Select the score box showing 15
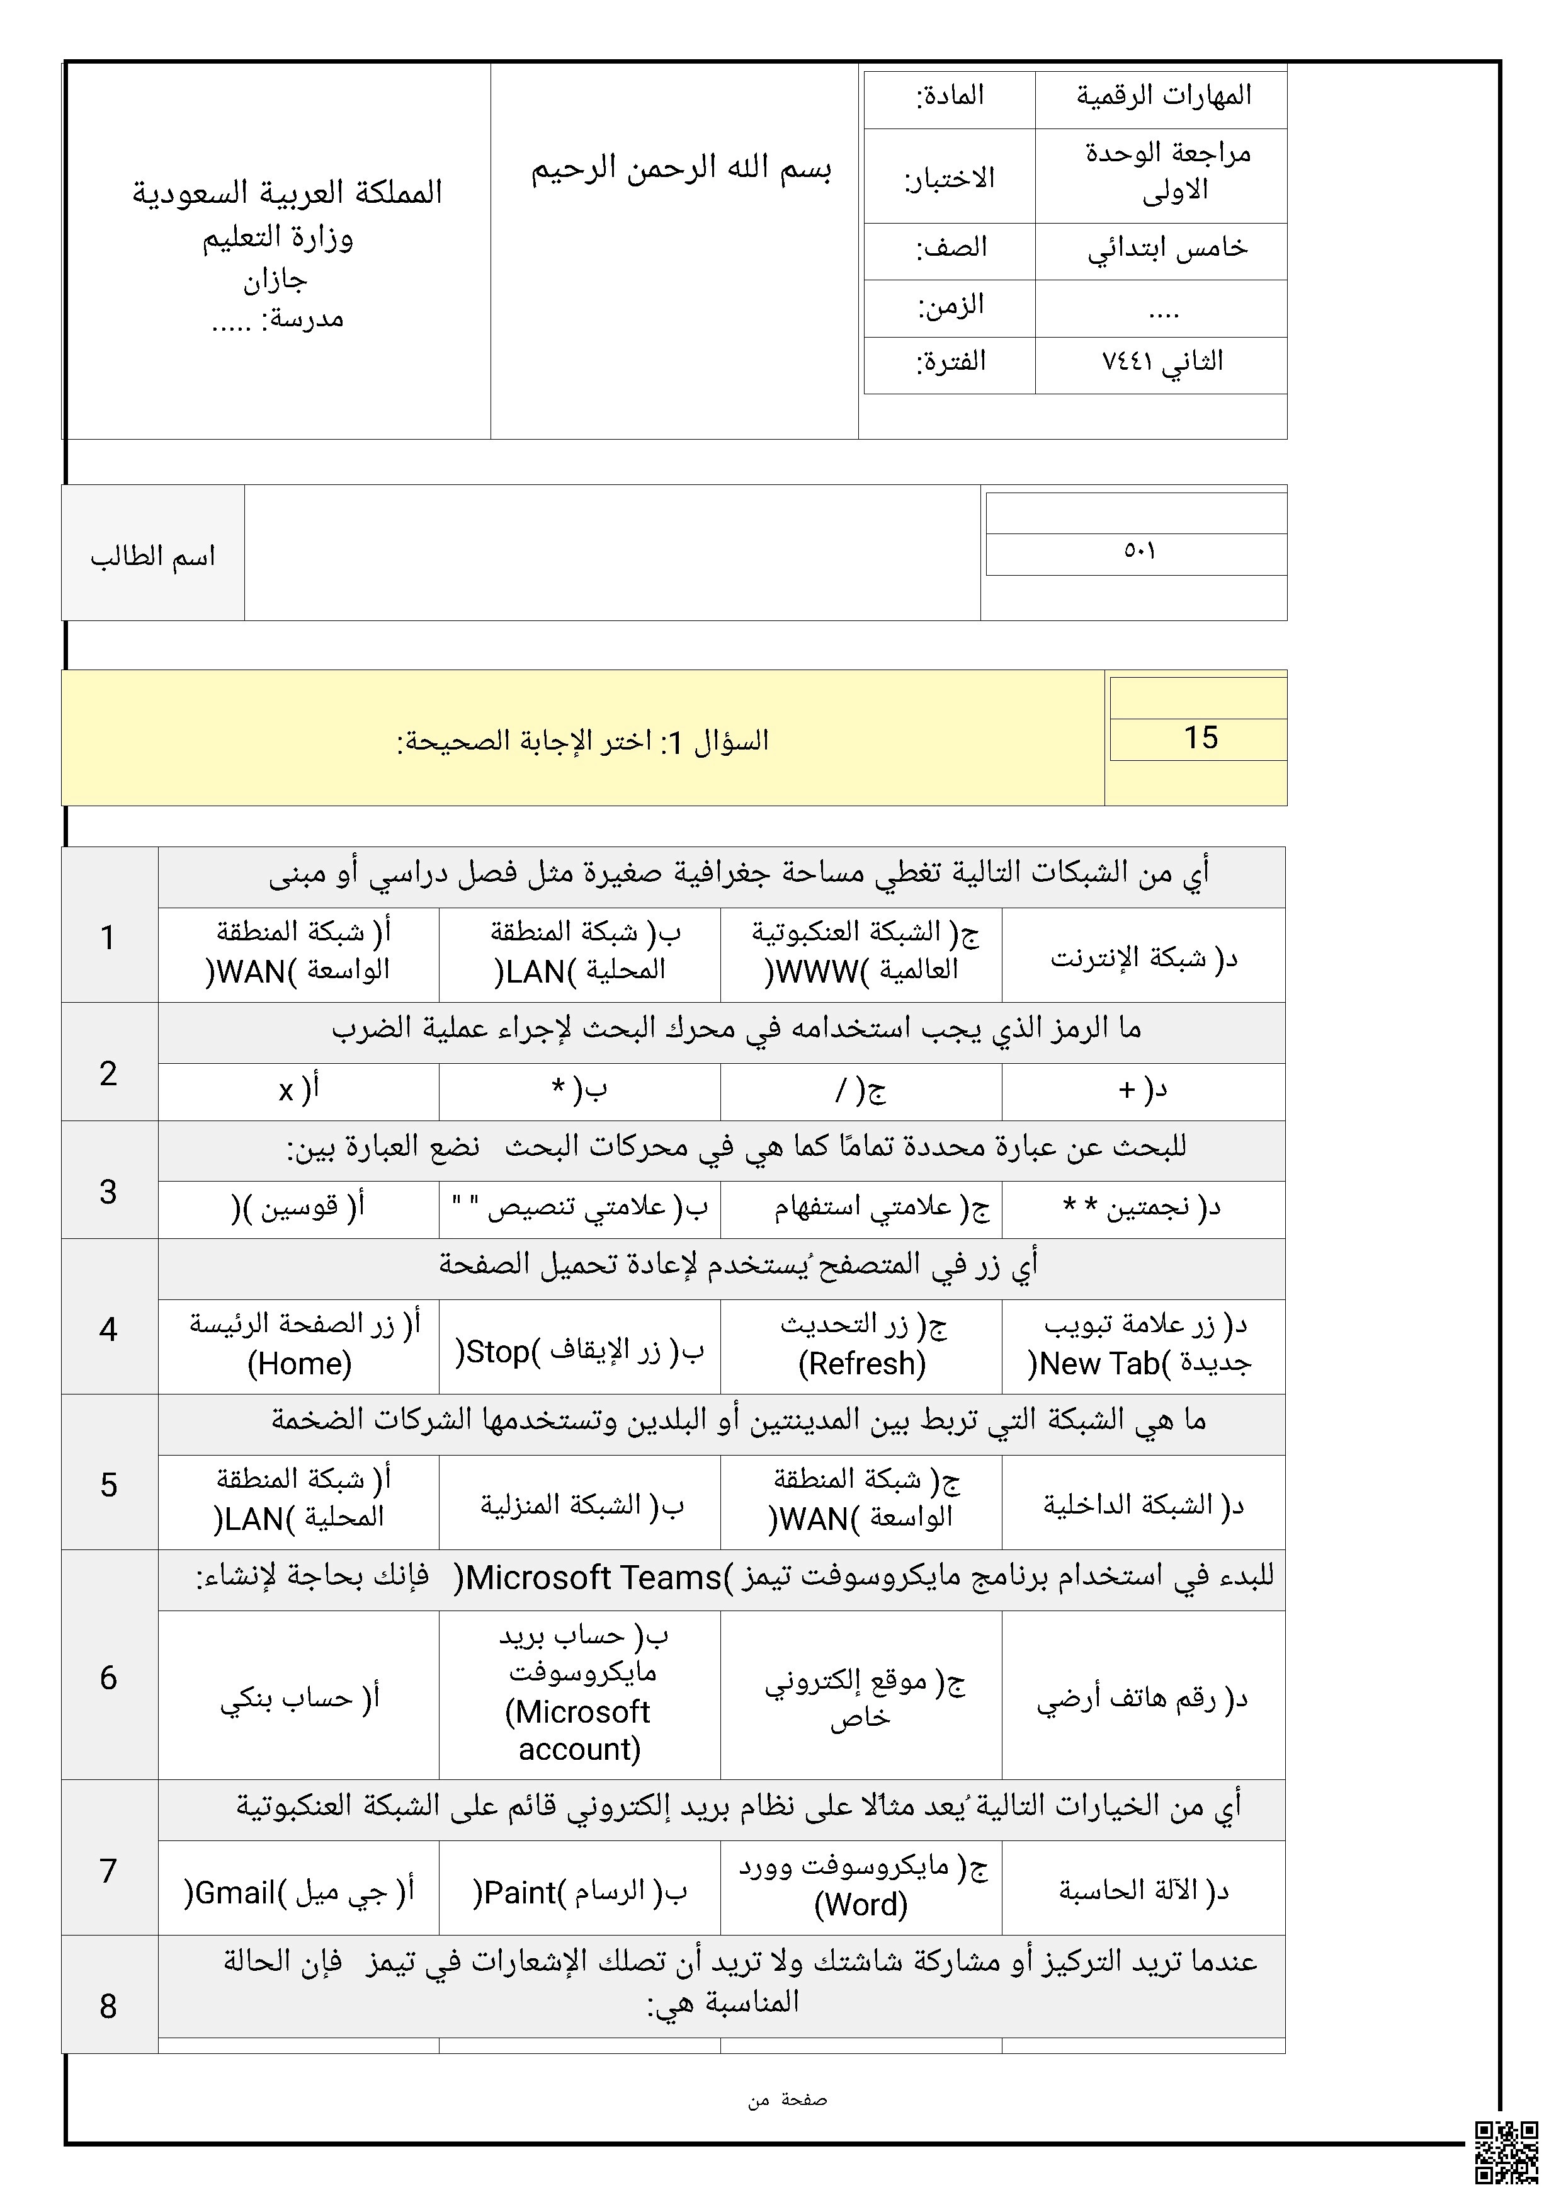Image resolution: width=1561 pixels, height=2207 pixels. click(1199, 738)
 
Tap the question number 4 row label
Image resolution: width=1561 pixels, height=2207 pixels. click(108, 1328)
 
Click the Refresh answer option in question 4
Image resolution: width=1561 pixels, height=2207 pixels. click(861, 1344)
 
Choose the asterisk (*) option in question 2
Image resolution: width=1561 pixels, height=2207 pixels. click(579, 1090)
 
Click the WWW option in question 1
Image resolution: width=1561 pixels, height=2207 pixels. click(861, 954)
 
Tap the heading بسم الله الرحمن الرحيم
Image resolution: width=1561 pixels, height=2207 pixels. click(681, 169)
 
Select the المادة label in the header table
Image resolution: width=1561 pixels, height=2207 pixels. click(949, 96)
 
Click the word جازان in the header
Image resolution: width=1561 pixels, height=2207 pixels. click(275, 280)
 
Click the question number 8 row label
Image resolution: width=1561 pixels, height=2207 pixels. click(108, 2005)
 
